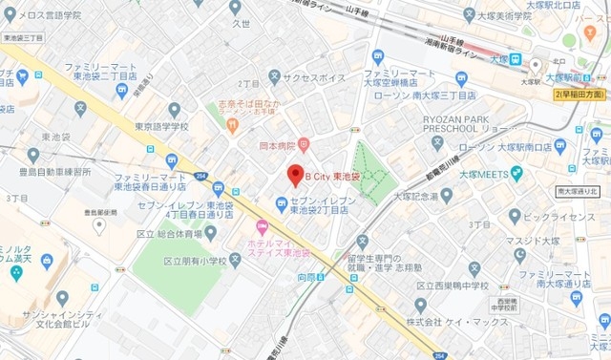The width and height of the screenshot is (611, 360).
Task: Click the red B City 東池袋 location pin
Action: click(296, 175)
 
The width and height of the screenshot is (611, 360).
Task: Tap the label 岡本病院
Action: click(279, 146)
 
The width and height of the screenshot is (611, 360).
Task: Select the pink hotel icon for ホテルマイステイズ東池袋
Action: click(263, 225)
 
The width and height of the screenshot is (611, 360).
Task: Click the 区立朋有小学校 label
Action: click(195, 261)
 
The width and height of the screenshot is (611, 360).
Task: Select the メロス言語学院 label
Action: click(47, 15)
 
